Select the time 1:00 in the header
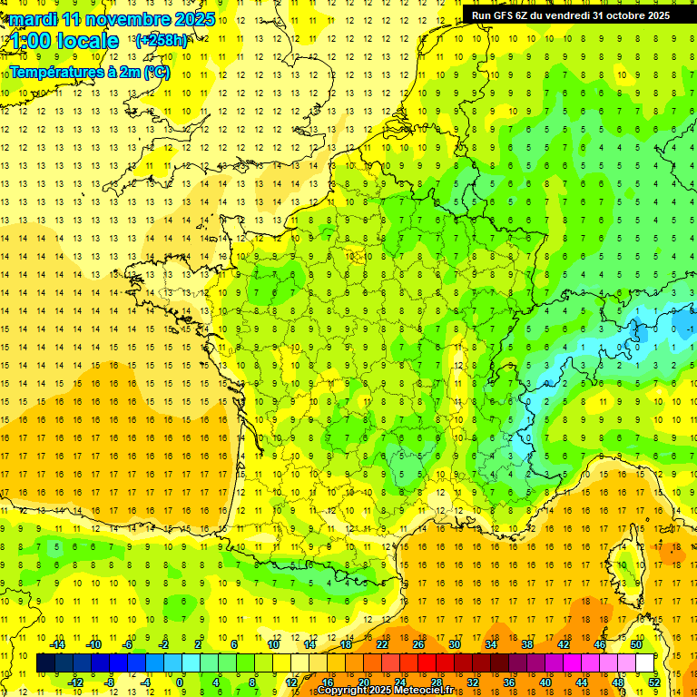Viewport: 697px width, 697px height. [x=31, y=41]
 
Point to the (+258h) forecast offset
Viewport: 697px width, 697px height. [x=161, y=41]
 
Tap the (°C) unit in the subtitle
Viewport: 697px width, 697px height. [x=155, y=72]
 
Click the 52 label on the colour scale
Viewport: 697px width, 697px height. [x=654, y=682]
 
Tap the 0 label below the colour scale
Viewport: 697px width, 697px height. [x=180, y=682]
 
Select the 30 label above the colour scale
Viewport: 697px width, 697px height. [x=454, y=644]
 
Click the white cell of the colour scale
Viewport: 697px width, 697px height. [x=645, y=663]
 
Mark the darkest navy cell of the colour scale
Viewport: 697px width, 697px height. [x=45, y=663]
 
